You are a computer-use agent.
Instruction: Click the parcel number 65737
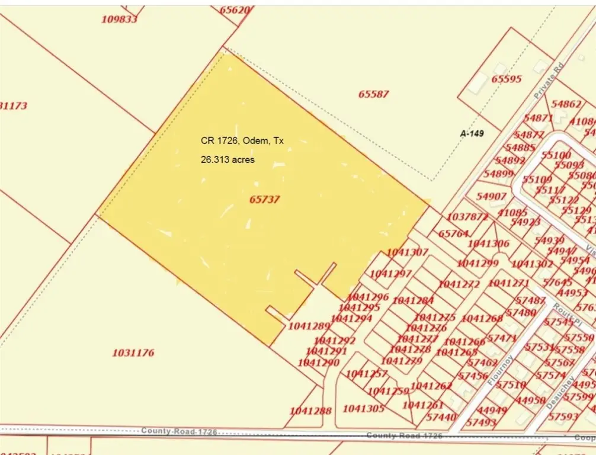point(264,200)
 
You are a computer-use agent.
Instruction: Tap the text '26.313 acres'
point(227,160)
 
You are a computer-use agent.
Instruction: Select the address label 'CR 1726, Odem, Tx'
point(242,141)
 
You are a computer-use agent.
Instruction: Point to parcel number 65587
point(374,94)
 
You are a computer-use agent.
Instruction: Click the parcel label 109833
point(119,19)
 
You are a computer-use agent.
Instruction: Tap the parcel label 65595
point(507,79)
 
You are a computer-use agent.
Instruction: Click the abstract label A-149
point(472,134)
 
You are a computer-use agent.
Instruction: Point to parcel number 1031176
point(133,353)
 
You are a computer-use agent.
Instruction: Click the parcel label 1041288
point(310,410)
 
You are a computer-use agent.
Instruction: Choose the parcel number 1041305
point(364,408)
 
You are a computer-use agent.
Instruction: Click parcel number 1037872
point(467,217)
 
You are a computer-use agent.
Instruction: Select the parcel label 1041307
point(407,252)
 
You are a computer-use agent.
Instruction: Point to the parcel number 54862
point(566,104)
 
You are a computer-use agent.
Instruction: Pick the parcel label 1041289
point(309,326)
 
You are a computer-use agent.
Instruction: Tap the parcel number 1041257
point(367,373)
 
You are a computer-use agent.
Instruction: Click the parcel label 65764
point(454,233)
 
